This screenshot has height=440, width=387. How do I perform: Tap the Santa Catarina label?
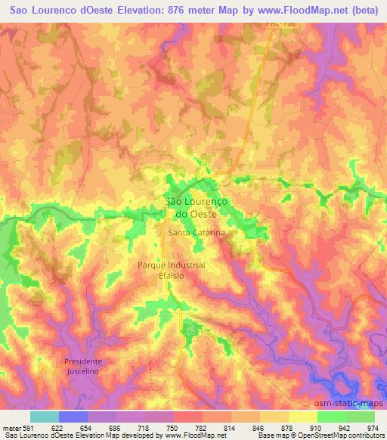click(x=197, y=234)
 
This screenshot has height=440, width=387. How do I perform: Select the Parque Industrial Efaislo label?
click(x=172, y=271)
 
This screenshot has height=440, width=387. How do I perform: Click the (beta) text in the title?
click(x=361, y=11)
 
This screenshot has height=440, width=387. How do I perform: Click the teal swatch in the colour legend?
click(x=45, y=417)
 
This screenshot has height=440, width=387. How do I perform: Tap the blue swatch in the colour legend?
click(x=73, y=417)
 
